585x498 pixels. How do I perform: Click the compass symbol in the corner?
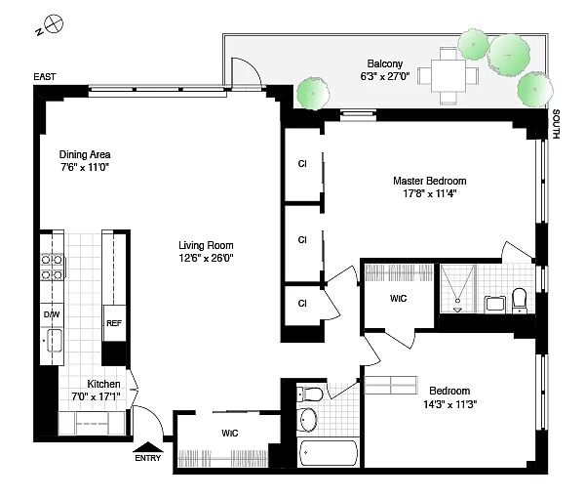click(x=54, y=23)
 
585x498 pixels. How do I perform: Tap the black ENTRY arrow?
click(x=148, y=447)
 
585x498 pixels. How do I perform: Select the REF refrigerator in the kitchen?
click(x=114, y=323)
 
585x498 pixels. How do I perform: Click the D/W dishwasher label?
click(x=52, y=314)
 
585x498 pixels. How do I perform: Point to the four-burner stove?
click(x=52, y=267)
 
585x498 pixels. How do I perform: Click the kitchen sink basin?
click(x=55, y=341)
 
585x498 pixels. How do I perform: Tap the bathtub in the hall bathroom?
click(x=329, y=453)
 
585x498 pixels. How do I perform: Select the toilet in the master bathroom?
click(x=519, y=300)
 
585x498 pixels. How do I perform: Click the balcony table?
click(x=448, y=75)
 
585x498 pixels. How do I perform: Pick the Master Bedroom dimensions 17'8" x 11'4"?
click(x=430, y=193)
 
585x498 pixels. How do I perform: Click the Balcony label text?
click(x=385, y=63)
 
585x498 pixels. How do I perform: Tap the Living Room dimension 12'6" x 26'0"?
click(x=206, y=258)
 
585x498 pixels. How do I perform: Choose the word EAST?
click(x=45, y=76)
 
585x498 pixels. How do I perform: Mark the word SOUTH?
click(x=556, y=124)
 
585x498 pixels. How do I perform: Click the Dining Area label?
click(x=85, y=154)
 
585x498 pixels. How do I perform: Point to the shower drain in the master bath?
click(x=457, y=301)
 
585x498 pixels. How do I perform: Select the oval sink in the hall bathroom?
click(x=307, y=420)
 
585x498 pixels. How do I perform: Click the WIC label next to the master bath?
click(x=398, y=299)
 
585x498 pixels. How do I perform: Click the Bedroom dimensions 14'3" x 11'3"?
click(x=450, y=404)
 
